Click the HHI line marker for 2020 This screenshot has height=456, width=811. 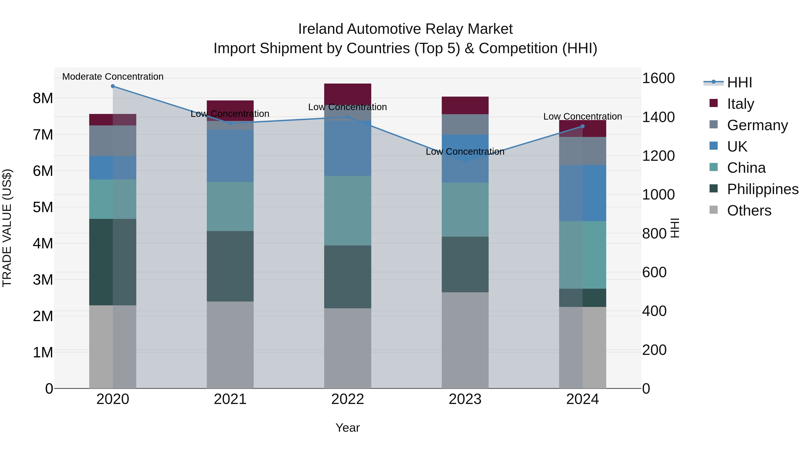tap(113, 86)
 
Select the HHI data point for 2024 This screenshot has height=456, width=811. tap(582, 126)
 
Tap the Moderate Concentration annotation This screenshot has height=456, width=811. tap(113, 77)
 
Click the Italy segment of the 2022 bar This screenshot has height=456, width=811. tap(348, 94)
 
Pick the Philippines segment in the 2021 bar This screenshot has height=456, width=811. tap(230, 266)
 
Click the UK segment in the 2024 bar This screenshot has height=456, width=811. tap(582, 193)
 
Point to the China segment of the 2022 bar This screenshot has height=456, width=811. tap(348, 211)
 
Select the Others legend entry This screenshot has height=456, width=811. tap(749, 211)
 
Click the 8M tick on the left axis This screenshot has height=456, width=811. tap(43, 98)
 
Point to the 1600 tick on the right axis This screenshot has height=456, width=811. tap(658, 78)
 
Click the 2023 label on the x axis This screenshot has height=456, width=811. tap(465, 399)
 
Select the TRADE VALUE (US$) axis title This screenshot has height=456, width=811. tap(7, 228)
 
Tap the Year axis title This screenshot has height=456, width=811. tap(348, 428)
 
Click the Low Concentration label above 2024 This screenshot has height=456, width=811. tap(582, 116)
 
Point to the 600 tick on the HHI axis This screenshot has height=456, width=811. tap(654, 272)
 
